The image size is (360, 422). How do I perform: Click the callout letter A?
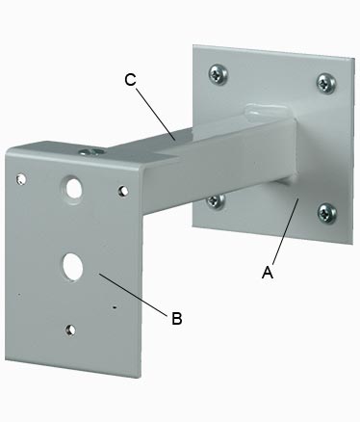pos(268,273)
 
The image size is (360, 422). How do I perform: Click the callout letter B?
pos(177,318)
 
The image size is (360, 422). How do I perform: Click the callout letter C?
pos(130,80)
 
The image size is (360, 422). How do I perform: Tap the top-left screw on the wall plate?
pos(219,73)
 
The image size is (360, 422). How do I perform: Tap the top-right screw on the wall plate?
pos(326,83)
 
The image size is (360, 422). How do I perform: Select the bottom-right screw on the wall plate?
pos(327,213)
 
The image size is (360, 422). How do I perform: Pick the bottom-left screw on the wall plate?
pos(216,200)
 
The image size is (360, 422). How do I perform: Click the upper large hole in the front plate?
pos(74,188)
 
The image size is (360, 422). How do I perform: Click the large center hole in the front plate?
pos(73,266)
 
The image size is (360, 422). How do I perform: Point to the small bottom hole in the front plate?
pos(70,330)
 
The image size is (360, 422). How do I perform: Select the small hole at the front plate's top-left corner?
pos(21,178)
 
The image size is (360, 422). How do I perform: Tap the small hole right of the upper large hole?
pos(123,191)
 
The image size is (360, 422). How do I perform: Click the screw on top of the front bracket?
pos(91,151)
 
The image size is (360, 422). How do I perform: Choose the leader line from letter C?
pos(156,114)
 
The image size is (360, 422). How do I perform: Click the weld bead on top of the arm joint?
pos(267,109)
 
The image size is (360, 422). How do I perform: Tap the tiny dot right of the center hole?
pos(115,307)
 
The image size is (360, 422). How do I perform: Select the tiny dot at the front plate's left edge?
pos(19,294)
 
